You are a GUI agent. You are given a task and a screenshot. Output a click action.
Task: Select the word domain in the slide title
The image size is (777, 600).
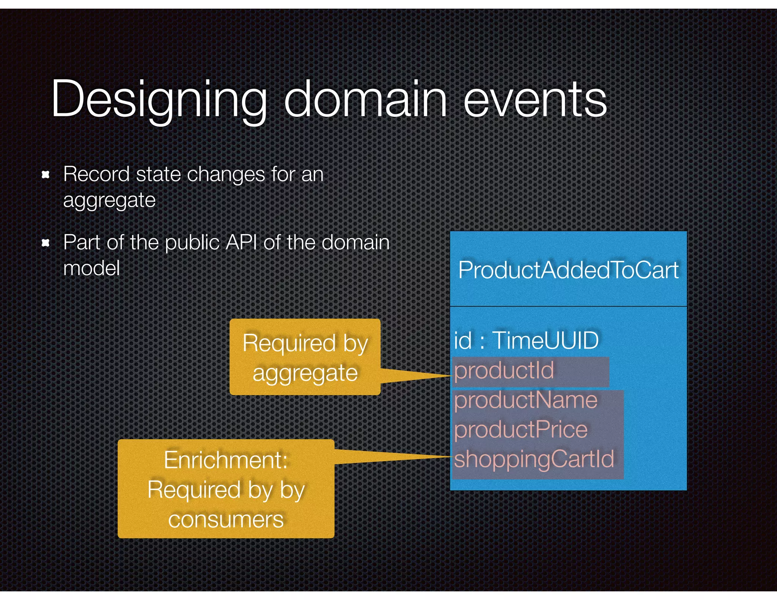(365, 99)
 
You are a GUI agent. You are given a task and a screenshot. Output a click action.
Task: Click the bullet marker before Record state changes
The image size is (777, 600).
(46, 175)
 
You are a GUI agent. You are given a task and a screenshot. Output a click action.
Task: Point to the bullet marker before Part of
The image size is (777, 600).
(46, 243)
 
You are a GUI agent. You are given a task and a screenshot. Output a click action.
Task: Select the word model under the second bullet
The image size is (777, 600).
(91, 269)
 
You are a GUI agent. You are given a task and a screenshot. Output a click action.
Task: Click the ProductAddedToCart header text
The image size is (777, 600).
(568, 270)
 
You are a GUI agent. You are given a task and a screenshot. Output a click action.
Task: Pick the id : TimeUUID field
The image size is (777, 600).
(526, 340)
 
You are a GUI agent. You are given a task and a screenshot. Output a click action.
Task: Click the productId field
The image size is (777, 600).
(504, 371)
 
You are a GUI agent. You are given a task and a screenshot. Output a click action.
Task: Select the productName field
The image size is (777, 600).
(525, 400)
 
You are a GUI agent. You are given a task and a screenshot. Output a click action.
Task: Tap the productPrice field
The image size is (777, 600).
(521, 430)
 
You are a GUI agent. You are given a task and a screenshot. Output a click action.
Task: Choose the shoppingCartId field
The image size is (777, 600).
(534, 459)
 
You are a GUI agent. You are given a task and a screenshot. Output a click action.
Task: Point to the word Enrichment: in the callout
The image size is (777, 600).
(226, 460)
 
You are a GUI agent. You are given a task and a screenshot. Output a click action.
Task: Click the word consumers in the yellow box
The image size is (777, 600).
(226, 520)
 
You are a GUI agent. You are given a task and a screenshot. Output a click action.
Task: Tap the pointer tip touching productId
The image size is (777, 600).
(451, 375)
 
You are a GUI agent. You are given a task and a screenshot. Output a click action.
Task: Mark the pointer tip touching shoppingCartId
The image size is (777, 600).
(451, 457)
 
